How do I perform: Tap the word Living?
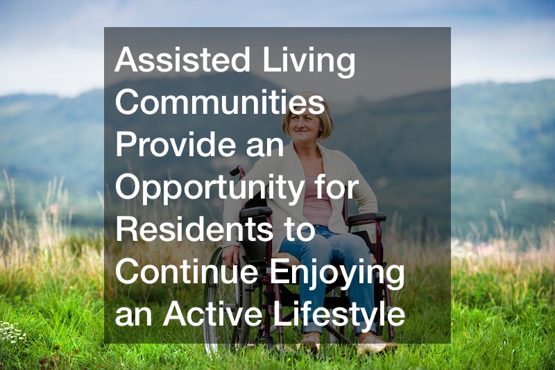pos(308,62)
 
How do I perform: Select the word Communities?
pos(219,102)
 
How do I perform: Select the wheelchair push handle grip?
pos(234,171)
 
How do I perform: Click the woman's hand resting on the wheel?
pos(231,256)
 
